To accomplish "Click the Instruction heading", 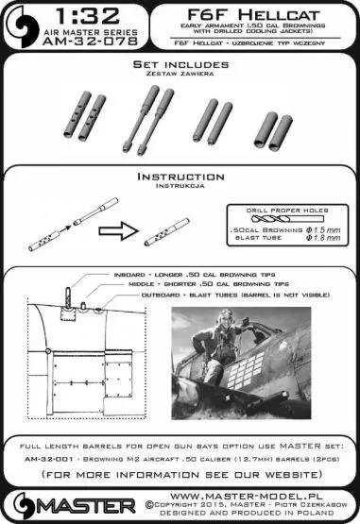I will click(x=179, y=177).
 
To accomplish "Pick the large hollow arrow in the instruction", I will click(x=117, y=227).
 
